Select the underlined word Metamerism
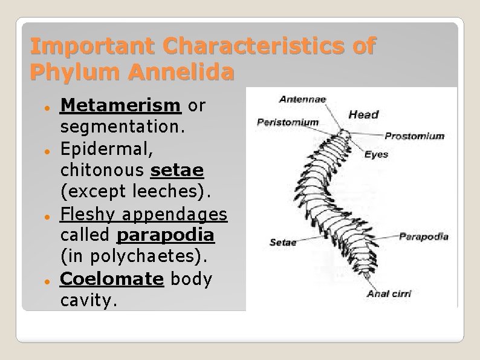click(x=120, y=105)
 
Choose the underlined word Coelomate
click(x=112, y=279)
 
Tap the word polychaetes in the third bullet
click(x=149, y=257)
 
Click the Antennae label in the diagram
click(x=303, y=99)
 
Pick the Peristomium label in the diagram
click(x=288, y=122)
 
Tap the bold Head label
click(x=364, y=114)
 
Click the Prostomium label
click(x=414, y=136)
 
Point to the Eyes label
click(x=376, y=155)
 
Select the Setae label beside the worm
click(x=282, y=242)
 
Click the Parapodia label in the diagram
click(x=424, y=236)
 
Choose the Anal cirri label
click(x=389, y=293)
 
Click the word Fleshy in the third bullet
click(x=88, y=215)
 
